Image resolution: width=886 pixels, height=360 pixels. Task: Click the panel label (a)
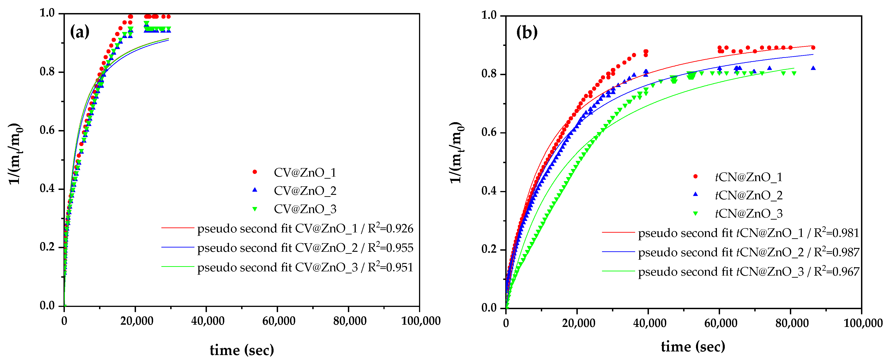coord(79,32)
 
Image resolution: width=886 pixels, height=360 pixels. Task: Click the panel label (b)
coord(527,32)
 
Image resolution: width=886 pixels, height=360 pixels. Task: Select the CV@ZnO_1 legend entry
coord(305,172)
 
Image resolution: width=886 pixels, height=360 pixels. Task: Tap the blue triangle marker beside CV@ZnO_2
coord(255,190)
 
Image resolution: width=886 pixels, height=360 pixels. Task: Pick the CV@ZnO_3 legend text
coord(305,209)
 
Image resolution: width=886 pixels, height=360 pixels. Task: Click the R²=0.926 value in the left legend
coord(390,228)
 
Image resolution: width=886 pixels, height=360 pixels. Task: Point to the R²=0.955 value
coord(390,247)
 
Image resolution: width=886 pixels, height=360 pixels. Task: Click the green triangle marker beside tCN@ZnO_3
coord(696,214)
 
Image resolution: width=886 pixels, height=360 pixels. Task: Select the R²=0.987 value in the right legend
coord(836,252)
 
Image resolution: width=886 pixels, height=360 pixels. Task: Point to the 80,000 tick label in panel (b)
coord(792,323)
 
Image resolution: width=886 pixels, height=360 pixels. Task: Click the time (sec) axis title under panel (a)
coord(242,350)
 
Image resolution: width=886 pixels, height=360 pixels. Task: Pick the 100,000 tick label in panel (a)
coord(421,321)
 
